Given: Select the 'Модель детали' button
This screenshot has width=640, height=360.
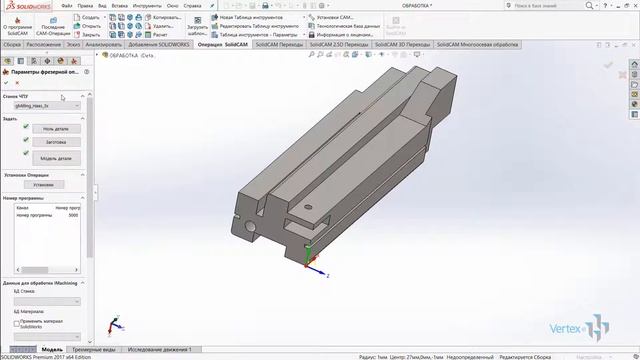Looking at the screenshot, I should coord(56,158).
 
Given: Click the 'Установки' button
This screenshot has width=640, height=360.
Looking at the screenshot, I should coord(43,185).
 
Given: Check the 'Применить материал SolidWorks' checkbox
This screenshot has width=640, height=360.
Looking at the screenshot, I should coord(17,323).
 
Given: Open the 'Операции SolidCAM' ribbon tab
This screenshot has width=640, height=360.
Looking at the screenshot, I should coord(223,45).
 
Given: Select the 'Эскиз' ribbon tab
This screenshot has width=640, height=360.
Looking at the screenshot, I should coord(74,45).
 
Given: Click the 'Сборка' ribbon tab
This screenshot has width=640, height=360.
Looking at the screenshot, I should coord(12,45).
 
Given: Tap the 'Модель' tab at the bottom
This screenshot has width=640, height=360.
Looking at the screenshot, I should coord(52,349).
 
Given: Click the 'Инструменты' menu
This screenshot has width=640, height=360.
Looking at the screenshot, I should coord(146,5).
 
